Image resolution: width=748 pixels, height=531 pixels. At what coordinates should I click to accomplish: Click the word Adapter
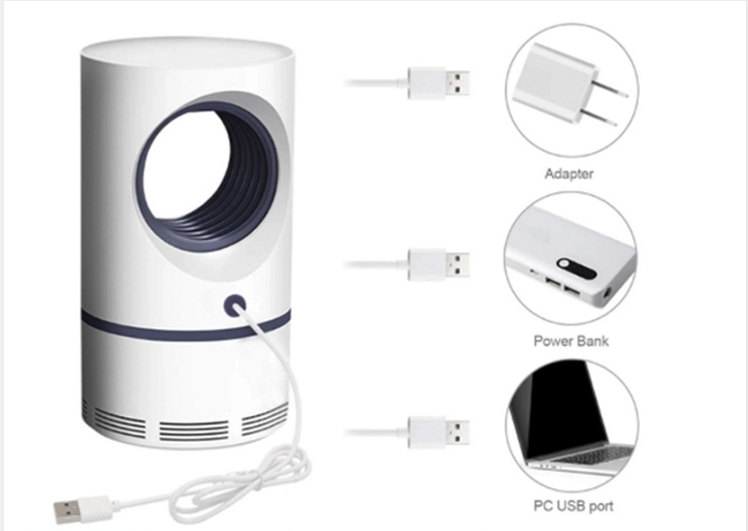(x=569, y=173)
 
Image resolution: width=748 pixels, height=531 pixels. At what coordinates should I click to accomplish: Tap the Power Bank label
(x=571, y=341)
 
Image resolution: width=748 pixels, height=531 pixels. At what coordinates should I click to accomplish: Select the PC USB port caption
(x=574, y=506)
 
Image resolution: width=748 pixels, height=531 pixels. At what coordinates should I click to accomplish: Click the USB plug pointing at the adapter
(x=439, y=83)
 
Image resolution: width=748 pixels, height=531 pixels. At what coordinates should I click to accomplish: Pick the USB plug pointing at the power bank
(x=439, y=265)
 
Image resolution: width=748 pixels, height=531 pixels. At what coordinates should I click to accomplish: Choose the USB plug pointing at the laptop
(x=439, y=432)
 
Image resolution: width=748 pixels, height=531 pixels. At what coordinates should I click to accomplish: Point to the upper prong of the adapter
(x=611, y=90)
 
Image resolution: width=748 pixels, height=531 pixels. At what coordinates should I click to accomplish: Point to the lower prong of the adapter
(x=598, y=118)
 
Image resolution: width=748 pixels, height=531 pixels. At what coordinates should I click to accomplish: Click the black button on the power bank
(x=578, y=268)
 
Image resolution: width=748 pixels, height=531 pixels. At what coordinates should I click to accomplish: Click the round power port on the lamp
(x=235, y=305)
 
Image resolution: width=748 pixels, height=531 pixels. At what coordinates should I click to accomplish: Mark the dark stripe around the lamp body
(x=185, y=328)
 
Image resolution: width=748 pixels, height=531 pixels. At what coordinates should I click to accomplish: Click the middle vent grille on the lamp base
(x=193, y=431)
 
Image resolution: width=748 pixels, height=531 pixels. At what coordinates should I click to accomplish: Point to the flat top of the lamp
(x=187, y=52)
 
